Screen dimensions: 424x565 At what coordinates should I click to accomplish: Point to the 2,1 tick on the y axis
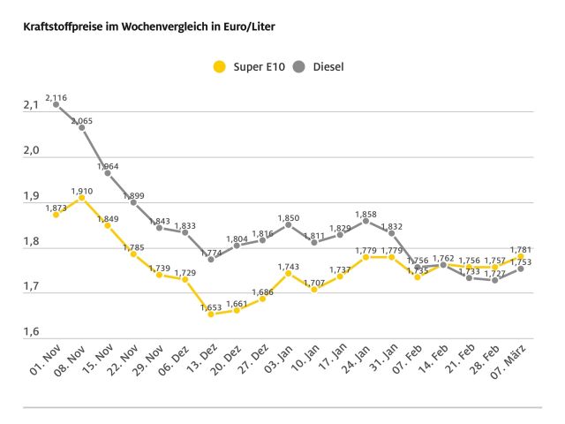(31, 105)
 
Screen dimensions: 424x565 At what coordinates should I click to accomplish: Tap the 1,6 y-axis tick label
(31, 332)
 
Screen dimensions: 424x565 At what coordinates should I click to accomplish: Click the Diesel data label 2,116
(56, 95)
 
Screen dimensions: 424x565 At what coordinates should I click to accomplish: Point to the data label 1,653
(210, 307)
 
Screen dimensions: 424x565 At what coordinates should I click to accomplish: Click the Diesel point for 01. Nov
(56, 104)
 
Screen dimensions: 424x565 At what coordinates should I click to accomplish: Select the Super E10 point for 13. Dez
(210, 314)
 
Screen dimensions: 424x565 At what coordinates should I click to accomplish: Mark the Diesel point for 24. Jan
(365, 221)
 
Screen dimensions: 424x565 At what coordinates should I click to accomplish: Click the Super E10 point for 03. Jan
(288, 273)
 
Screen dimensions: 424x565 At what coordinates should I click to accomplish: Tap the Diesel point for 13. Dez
(210, 259)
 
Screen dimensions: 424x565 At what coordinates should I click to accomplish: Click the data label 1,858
(365, 213)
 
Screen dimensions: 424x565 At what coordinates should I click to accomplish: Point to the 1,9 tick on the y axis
(31, 196)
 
